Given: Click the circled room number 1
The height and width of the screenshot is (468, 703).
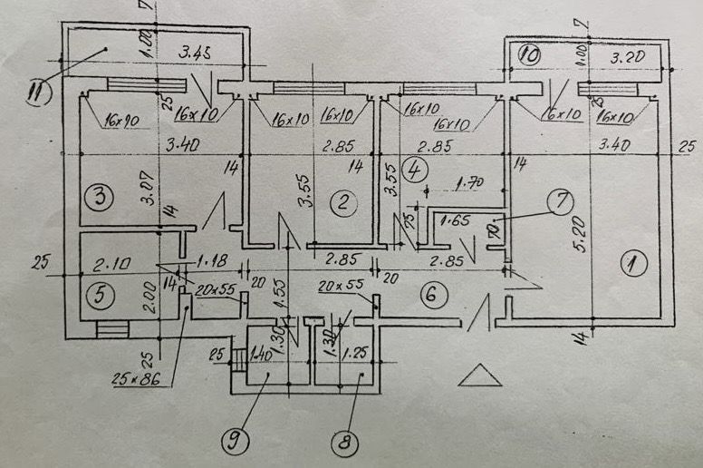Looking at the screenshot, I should [x=631, y=264].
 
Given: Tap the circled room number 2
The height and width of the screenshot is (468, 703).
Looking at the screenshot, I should [x=340, y=205].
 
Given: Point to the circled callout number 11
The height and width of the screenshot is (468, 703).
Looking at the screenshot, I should [x=39, y=92].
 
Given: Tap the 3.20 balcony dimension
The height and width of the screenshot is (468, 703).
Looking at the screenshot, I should [x=627, y=59].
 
